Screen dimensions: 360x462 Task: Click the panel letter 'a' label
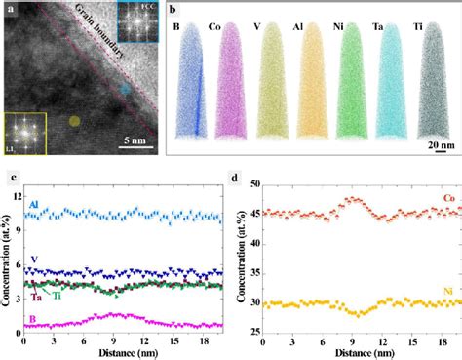(11, 12)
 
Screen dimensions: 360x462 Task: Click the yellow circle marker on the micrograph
(74, 122)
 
